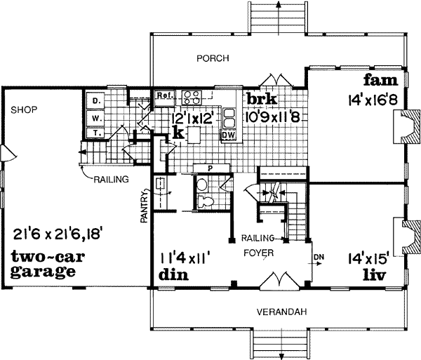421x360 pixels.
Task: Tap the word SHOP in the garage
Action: (x=23, y=109)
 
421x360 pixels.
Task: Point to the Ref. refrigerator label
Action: (x=165, y=95)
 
